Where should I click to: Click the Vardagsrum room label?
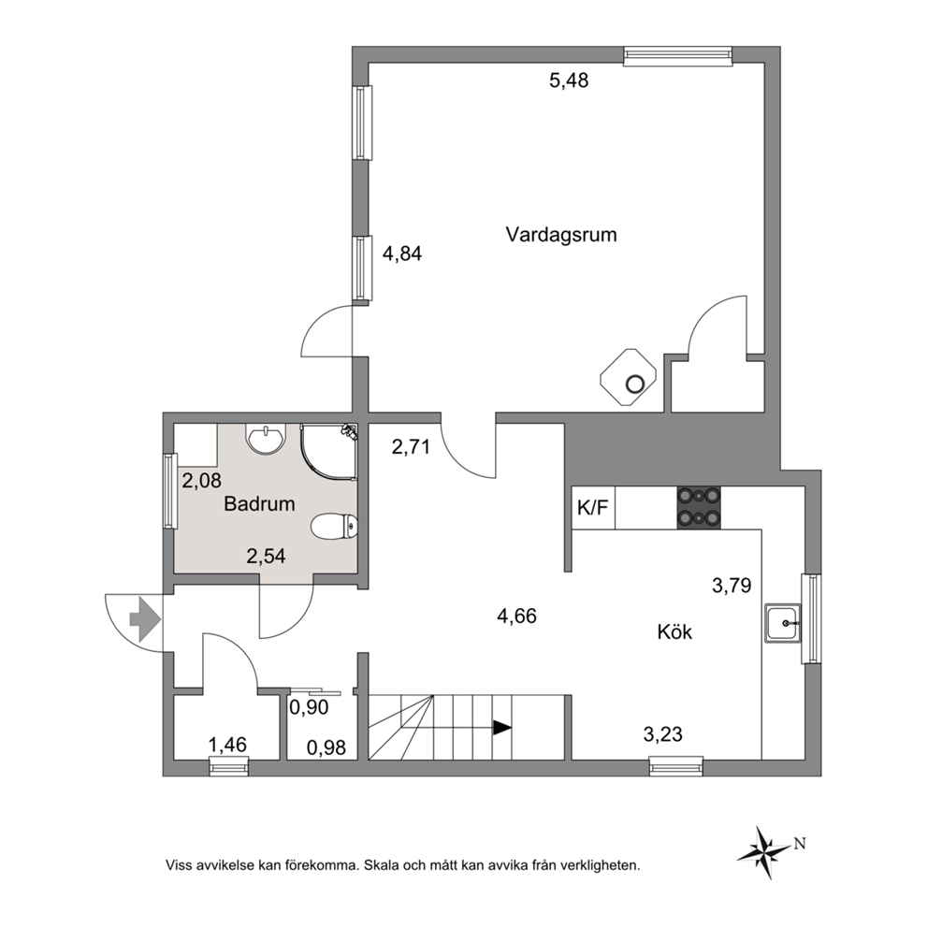[561, 235]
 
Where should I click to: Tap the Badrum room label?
[259, 503]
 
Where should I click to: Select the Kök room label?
[674, 631]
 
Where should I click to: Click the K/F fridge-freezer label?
[592, 507]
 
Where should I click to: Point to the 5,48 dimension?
[569, 80]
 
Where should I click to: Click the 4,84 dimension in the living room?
[402, 254]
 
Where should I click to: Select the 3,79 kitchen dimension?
[732, 586]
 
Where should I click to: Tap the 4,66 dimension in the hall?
[516, 616]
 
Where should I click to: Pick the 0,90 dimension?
[309, 706]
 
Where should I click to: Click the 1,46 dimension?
[227, 745]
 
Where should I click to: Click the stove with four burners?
[699, 507]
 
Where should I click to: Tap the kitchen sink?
[782, 623]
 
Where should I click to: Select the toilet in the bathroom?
[334, 526]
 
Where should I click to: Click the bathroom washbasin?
[266, 439]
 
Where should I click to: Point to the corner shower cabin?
[328, 450]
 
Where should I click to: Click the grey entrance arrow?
[144, 619]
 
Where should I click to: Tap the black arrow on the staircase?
[502, 728]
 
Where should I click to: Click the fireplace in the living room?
[629, 377]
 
